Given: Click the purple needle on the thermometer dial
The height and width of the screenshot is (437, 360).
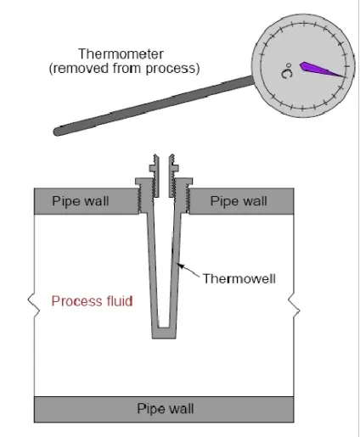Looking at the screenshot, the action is click(320, 70).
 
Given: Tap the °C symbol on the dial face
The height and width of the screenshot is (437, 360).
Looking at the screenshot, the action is click(287, 70).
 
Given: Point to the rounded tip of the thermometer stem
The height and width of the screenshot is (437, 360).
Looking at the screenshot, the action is click(58, 132).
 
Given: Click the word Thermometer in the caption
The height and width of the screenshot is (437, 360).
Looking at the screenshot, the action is click(121, 53).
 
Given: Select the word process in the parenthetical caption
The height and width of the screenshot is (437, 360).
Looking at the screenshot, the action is click(171, 69).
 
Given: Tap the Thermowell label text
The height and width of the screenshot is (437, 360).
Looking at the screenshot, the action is click(239, 278).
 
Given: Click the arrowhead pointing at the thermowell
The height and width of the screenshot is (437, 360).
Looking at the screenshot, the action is click(181, 266).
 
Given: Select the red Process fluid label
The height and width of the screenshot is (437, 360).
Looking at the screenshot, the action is click(92, 301).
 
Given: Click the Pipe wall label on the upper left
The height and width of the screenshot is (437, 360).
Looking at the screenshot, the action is click(81, 201).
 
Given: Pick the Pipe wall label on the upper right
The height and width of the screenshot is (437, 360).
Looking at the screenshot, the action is click(239, 201).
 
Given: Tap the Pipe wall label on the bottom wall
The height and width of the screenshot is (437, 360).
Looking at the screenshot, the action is click(166, 409).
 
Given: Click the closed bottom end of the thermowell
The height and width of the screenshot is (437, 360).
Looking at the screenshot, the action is click(164, 333).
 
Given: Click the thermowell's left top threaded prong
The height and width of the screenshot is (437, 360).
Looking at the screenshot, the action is click(155, 176).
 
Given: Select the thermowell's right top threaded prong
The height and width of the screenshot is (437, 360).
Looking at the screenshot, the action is click(173, 176).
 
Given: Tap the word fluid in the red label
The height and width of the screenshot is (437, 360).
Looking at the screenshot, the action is click(120, 301).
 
